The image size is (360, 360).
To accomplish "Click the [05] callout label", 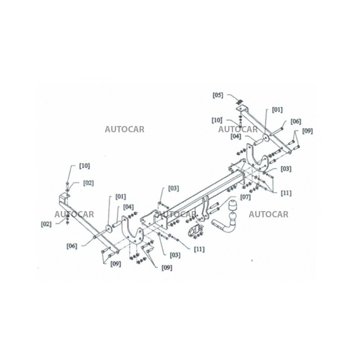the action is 218,95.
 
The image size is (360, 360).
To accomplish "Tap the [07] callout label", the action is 245,197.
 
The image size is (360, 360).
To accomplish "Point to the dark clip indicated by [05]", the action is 240,102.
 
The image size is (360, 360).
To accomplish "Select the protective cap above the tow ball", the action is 232,206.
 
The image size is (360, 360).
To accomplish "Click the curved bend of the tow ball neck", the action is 228,228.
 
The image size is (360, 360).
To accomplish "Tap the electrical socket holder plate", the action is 193,230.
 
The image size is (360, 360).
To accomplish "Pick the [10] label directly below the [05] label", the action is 217,120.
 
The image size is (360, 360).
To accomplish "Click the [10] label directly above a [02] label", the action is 84,166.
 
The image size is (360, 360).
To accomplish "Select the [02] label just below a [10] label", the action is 88,183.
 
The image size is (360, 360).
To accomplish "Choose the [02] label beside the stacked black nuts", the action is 46,224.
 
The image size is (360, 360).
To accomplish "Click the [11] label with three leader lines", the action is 286,193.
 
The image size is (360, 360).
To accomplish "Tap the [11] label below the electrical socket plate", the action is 199,249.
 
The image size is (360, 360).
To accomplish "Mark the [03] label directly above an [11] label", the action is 286,169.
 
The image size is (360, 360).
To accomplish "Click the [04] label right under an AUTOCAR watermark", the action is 236,136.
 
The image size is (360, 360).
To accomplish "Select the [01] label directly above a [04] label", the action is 121,197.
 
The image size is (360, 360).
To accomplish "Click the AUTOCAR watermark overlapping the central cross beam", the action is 176,214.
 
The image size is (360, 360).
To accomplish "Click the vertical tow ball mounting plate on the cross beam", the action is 205,208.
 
